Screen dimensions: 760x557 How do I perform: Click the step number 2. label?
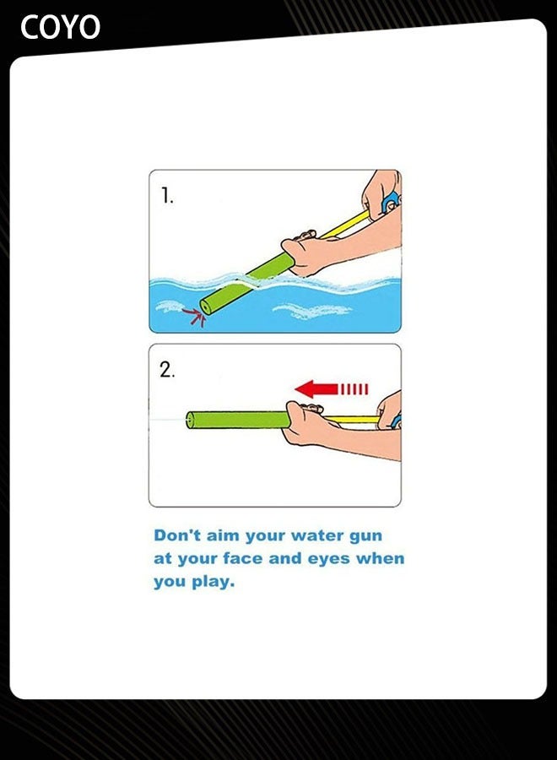tap(167, 369)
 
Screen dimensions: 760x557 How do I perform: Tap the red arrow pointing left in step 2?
tap(317, 388)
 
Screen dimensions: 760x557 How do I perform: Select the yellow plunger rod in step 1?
tap(346, 225)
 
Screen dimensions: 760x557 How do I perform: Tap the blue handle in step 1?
tap(391, 203)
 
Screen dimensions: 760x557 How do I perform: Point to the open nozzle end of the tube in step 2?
tap(190, 419)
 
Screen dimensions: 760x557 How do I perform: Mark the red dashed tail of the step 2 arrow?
tap(354, 388)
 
